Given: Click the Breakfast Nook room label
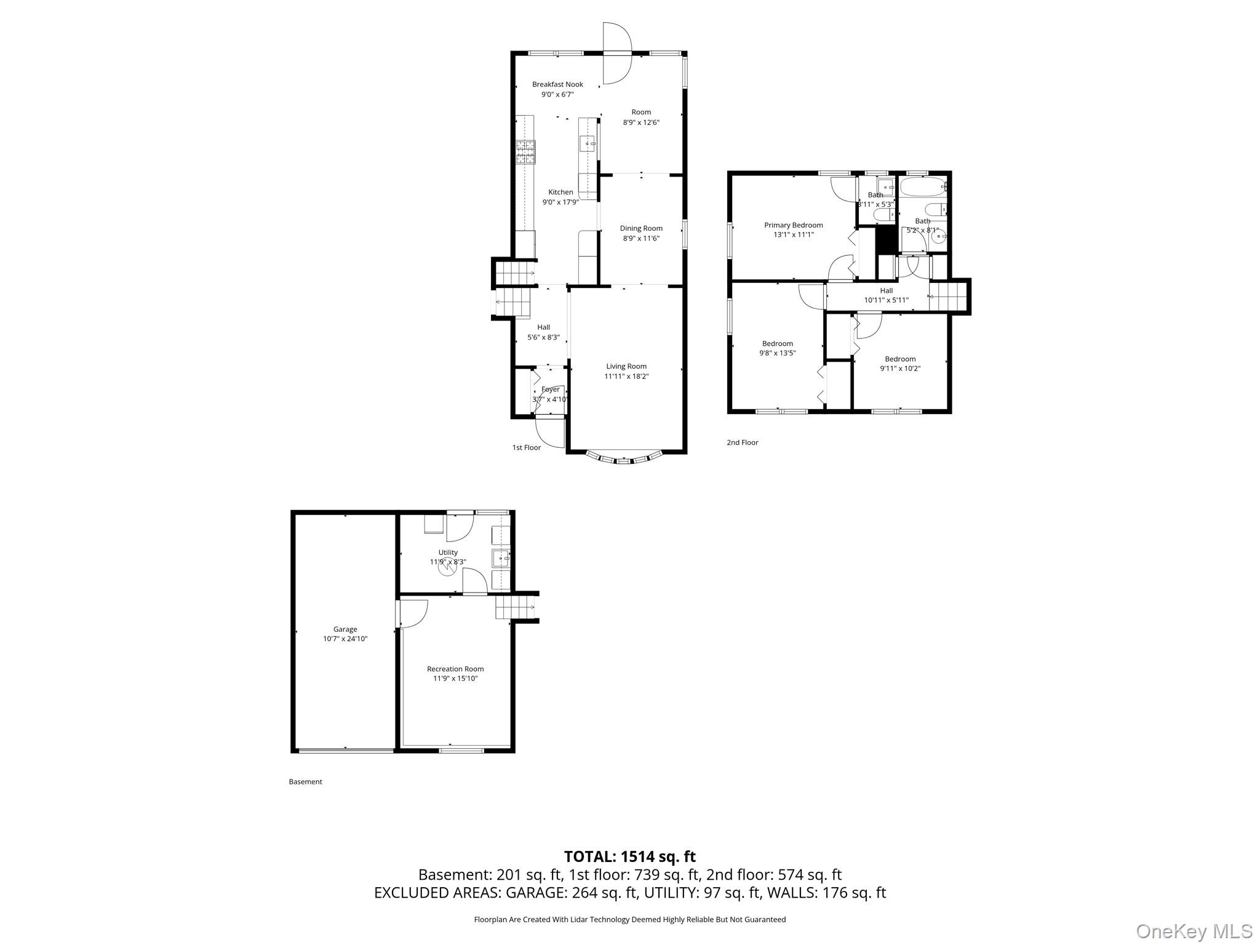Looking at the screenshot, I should coord(557,84).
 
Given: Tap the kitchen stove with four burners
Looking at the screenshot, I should coord(525,152).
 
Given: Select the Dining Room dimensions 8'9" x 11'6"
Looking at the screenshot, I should coord(641,239).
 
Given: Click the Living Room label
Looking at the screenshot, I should coord(626,366).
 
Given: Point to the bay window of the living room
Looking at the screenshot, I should coord(624,458).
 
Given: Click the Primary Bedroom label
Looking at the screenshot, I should coord(793,225).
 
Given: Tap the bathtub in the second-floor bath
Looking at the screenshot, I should coord(922,185).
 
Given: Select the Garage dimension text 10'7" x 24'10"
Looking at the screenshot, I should coord(345,639).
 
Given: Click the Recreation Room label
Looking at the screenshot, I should coord(455,669).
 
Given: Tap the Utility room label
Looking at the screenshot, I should coord(448,552).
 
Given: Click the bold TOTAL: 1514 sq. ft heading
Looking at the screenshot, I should coord(629,856).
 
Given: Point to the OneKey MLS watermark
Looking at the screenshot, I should coord(1194,931).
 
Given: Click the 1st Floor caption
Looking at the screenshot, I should coord(527,448).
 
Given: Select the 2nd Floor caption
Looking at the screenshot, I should coord(743,442).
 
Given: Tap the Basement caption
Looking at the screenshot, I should coord(306,782).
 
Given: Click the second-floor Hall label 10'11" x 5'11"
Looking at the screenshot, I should coord(886,291).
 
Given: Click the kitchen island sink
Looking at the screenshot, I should coord(588,144).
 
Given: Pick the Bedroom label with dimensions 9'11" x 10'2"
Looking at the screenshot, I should coord(900,359).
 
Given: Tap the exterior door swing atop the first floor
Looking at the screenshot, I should coord(616,54).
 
